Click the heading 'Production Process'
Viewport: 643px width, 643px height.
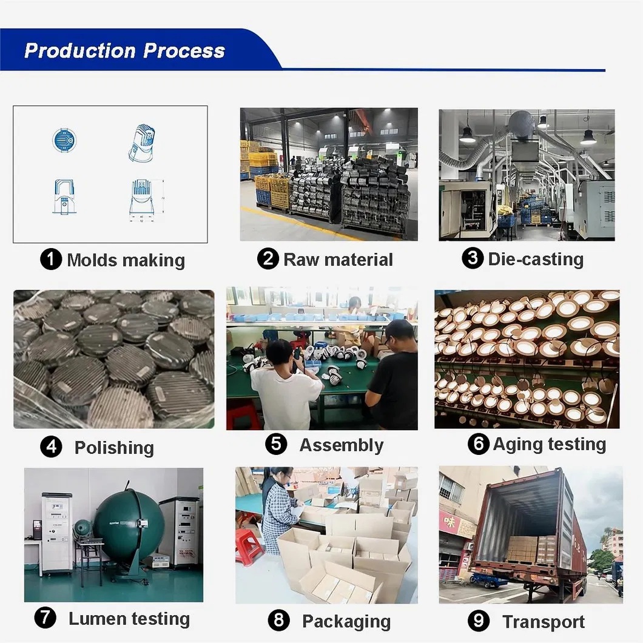coord(124,50)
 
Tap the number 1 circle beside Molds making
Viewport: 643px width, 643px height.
coord(51,260)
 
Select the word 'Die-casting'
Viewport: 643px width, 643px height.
coord(536,259)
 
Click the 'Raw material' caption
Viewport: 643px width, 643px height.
coord(338,260)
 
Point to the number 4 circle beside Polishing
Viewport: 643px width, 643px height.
coord(51,447)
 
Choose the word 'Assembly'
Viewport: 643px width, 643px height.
coord(341,445)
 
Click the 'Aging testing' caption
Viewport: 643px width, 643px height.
coord(549,444)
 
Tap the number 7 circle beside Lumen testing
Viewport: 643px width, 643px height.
coord(45,618)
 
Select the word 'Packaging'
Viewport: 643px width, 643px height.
coord(346,621)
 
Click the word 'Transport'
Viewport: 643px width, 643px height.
coord(544,622)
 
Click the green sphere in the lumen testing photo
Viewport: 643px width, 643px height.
coord(121,525)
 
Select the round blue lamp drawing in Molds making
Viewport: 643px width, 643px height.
coord(64,140)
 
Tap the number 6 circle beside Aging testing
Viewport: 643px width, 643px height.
coord(478,444)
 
